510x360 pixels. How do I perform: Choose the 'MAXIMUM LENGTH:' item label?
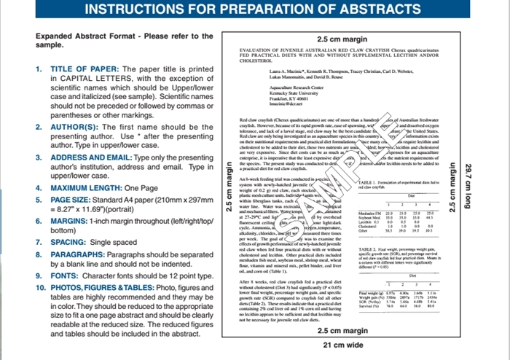[x=85, y=187]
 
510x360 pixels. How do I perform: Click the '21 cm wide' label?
[x=343, y=345]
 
